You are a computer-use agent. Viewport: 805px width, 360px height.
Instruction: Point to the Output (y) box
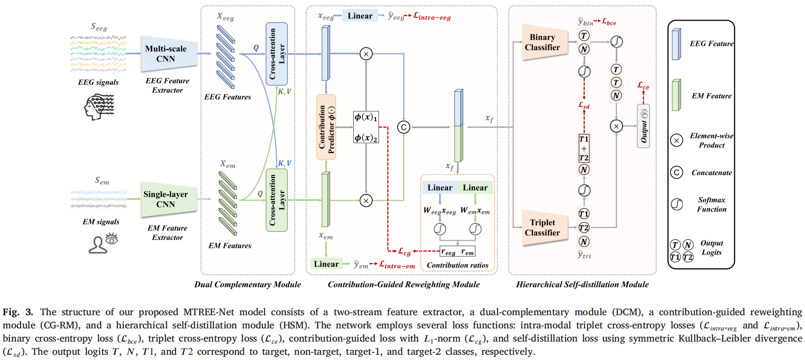643,125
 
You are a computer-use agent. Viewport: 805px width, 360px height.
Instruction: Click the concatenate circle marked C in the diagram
404,127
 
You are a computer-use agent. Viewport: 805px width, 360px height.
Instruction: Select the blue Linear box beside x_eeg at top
360,16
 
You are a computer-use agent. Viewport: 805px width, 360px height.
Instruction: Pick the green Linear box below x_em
326,264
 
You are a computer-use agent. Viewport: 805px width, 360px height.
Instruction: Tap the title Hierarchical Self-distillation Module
582,284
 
